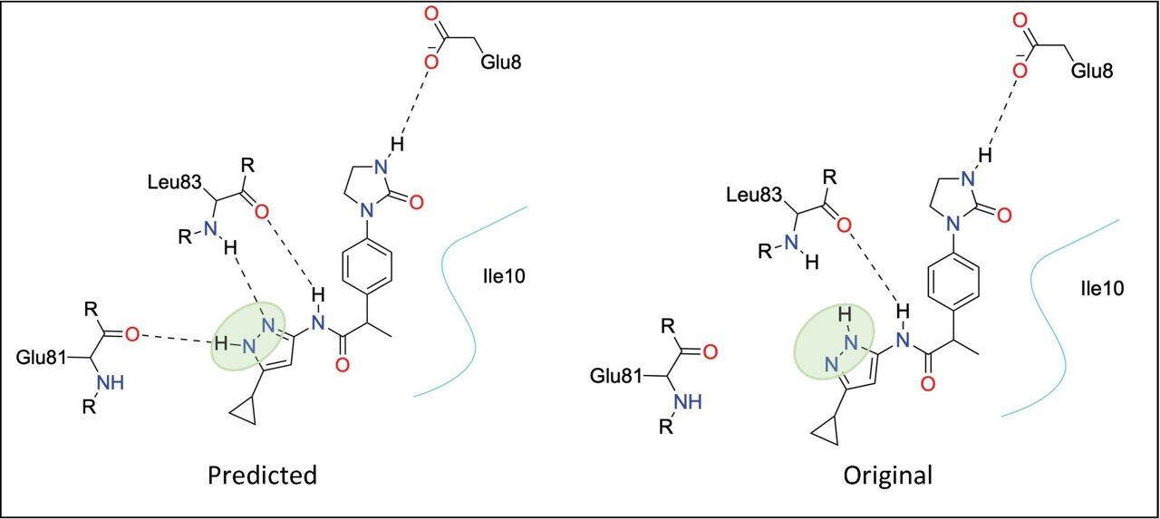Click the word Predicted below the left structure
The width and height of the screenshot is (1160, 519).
(x=262, y=475)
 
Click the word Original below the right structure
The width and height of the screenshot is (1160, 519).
(x=887, y=476)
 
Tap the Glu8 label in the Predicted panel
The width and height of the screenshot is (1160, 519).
(x=501, y=62)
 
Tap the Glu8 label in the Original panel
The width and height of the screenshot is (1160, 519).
(x=1092, y=71)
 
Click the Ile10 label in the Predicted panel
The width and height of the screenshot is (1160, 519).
(x=501, y=276)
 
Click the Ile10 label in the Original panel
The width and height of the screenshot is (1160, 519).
(x=1103, y=288)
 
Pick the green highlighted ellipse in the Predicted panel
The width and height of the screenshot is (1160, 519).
(x=248, y=337)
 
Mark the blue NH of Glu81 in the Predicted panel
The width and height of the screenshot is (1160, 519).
(x=111, y=383)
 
